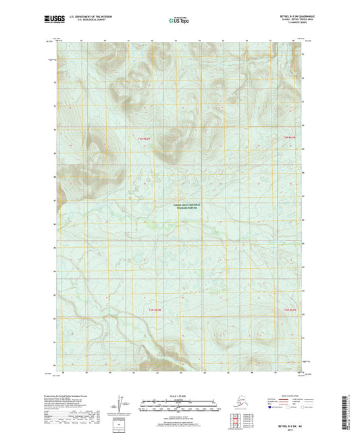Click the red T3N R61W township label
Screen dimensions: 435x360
click(x=289, y=138)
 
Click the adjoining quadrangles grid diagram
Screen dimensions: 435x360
click(x=237, y=422)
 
